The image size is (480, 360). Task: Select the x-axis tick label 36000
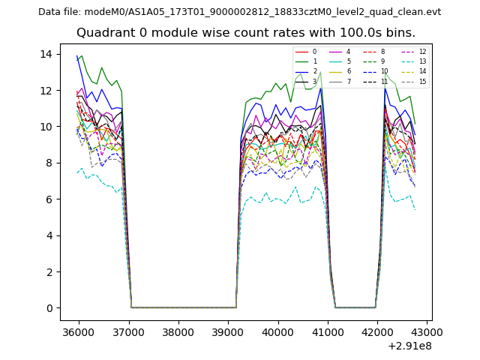tap(79, 331)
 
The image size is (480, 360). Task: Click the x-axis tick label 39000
tap(228, 331)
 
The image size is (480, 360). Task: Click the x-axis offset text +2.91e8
tap(410, 346)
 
